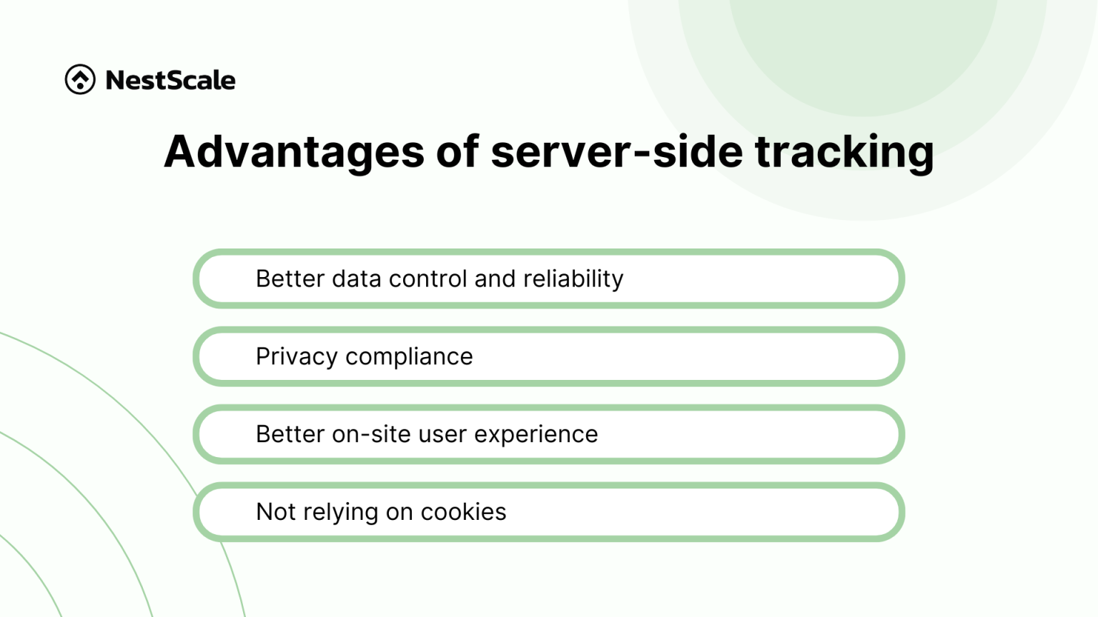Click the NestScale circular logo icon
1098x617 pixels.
[x=80, y=79]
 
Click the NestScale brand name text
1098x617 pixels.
[x=170, y=80]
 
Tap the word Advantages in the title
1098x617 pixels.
[x=294, y=151]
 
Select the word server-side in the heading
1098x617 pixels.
[x=616, y=151]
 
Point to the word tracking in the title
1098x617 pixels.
[x=844, y=151]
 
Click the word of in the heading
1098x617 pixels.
[x=457, y=151]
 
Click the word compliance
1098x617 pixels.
[x=409, y=356]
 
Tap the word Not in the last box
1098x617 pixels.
[x=276, y=512]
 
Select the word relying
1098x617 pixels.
[x=340, y=512]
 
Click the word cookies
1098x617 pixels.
[x=463, y=512]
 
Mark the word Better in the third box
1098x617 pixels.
[x=290, y=434]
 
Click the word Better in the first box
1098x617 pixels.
[x=290, y=279]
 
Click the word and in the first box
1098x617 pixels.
[x=495, y=279]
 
